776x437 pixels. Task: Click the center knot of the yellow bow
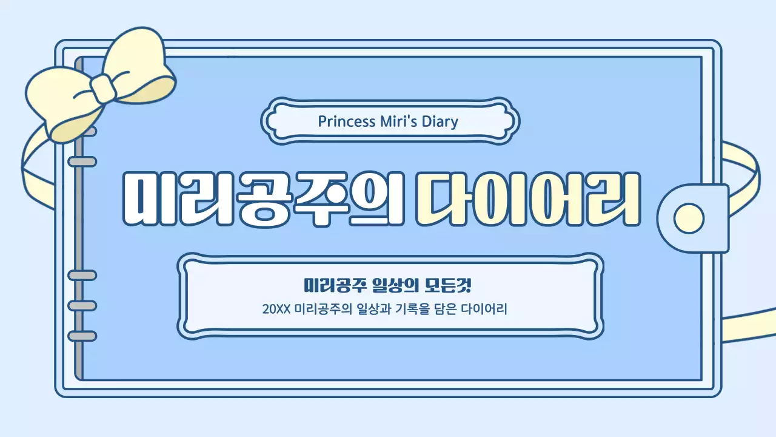[103, 89]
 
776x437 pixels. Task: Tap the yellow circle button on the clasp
[689, 217]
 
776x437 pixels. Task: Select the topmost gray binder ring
[81, 131]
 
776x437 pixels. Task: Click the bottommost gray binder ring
[81, 336]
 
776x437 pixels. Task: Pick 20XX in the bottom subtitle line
[276, 309]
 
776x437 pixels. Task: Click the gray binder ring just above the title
[81, 161]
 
